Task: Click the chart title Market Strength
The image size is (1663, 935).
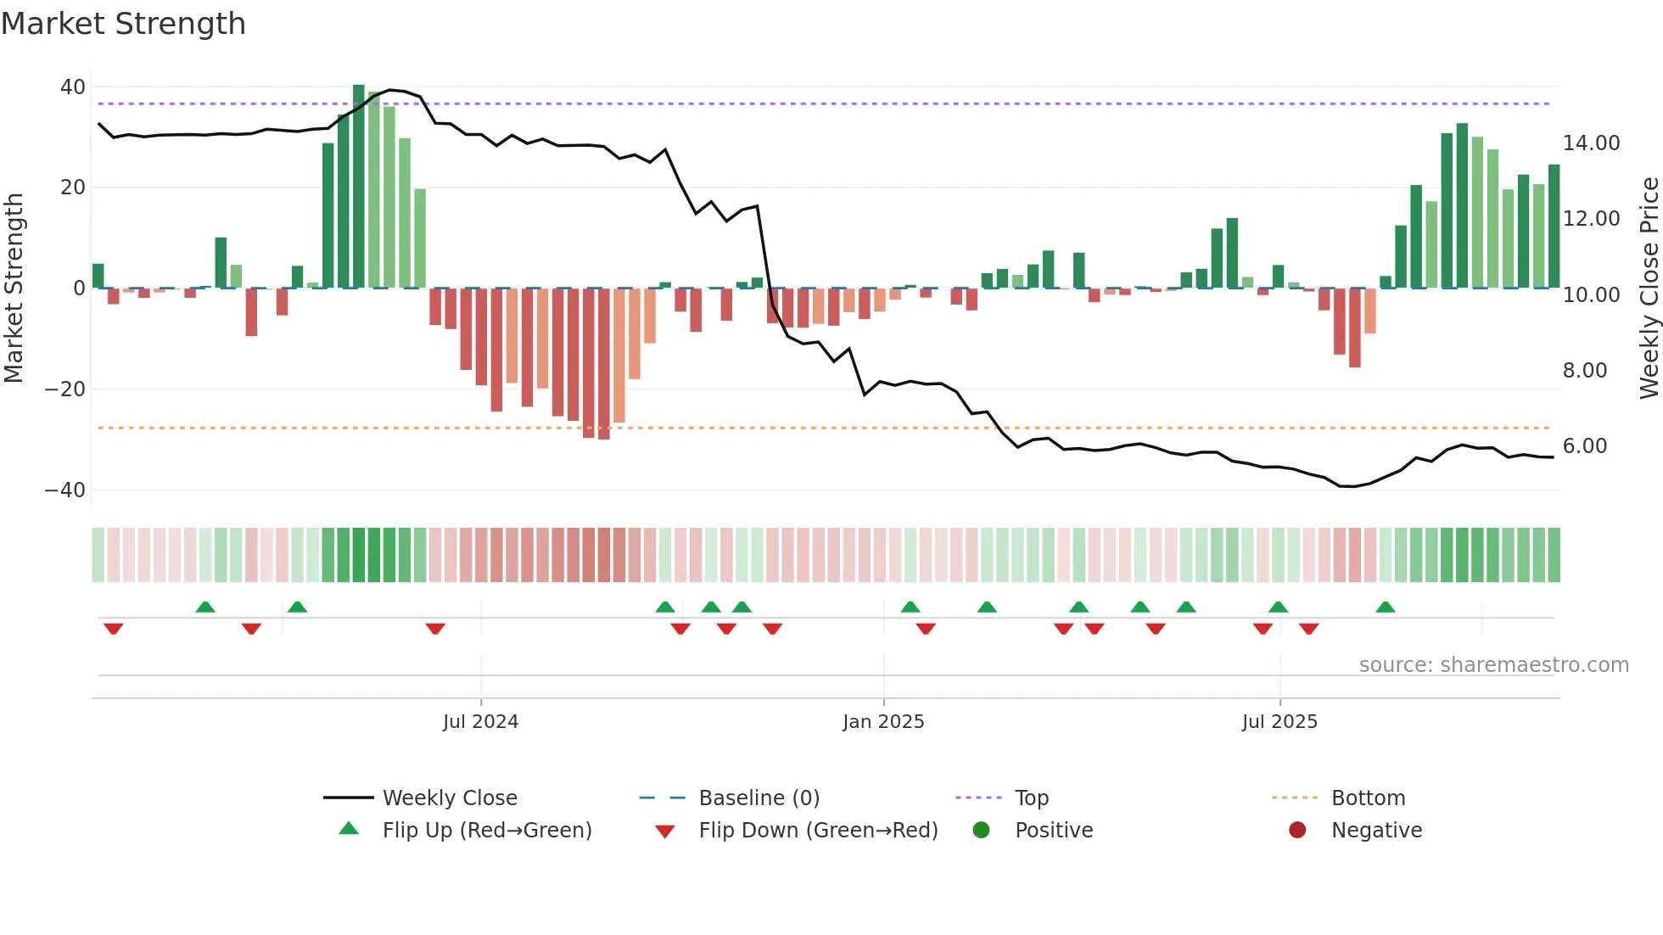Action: (123, 24)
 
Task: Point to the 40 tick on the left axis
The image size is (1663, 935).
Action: (73, 87)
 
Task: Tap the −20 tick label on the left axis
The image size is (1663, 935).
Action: (65, 389)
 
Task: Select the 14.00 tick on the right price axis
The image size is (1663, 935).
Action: (1591, 143)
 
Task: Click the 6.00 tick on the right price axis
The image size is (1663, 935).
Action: (1584, 446)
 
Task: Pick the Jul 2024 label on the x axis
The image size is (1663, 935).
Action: (480, 722)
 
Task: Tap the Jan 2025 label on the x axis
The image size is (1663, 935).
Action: (883, 722)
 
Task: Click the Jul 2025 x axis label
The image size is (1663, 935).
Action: (1279, 722)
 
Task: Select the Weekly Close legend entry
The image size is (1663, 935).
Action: (449, 798)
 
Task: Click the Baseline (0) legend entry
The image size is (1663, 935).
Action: (759, 798)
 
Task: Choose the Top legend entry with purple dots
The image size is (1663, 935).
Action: (1031, 798)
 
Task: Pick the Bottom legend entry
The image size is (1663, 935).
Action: (1368, 798)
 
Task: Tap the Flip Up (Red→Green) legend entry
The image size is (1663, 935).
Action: (486, 831)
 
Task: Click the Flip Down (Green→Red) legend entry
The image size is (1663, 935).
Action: (818, 831)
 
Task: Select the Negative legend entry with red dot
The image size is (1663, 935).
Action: (1375, 831)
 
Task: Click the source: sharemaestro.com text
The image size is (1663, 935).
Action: (1493, 665)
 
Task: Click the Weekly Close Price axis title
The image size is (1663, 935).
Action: (1649, 288)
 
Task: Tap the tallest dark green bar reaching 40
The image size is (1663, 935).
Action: (359, 187)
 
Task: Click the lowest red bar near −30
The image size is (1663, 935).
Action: (603, 365)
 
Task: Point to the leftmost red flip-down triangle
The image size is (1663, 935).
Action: (114, 629)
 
